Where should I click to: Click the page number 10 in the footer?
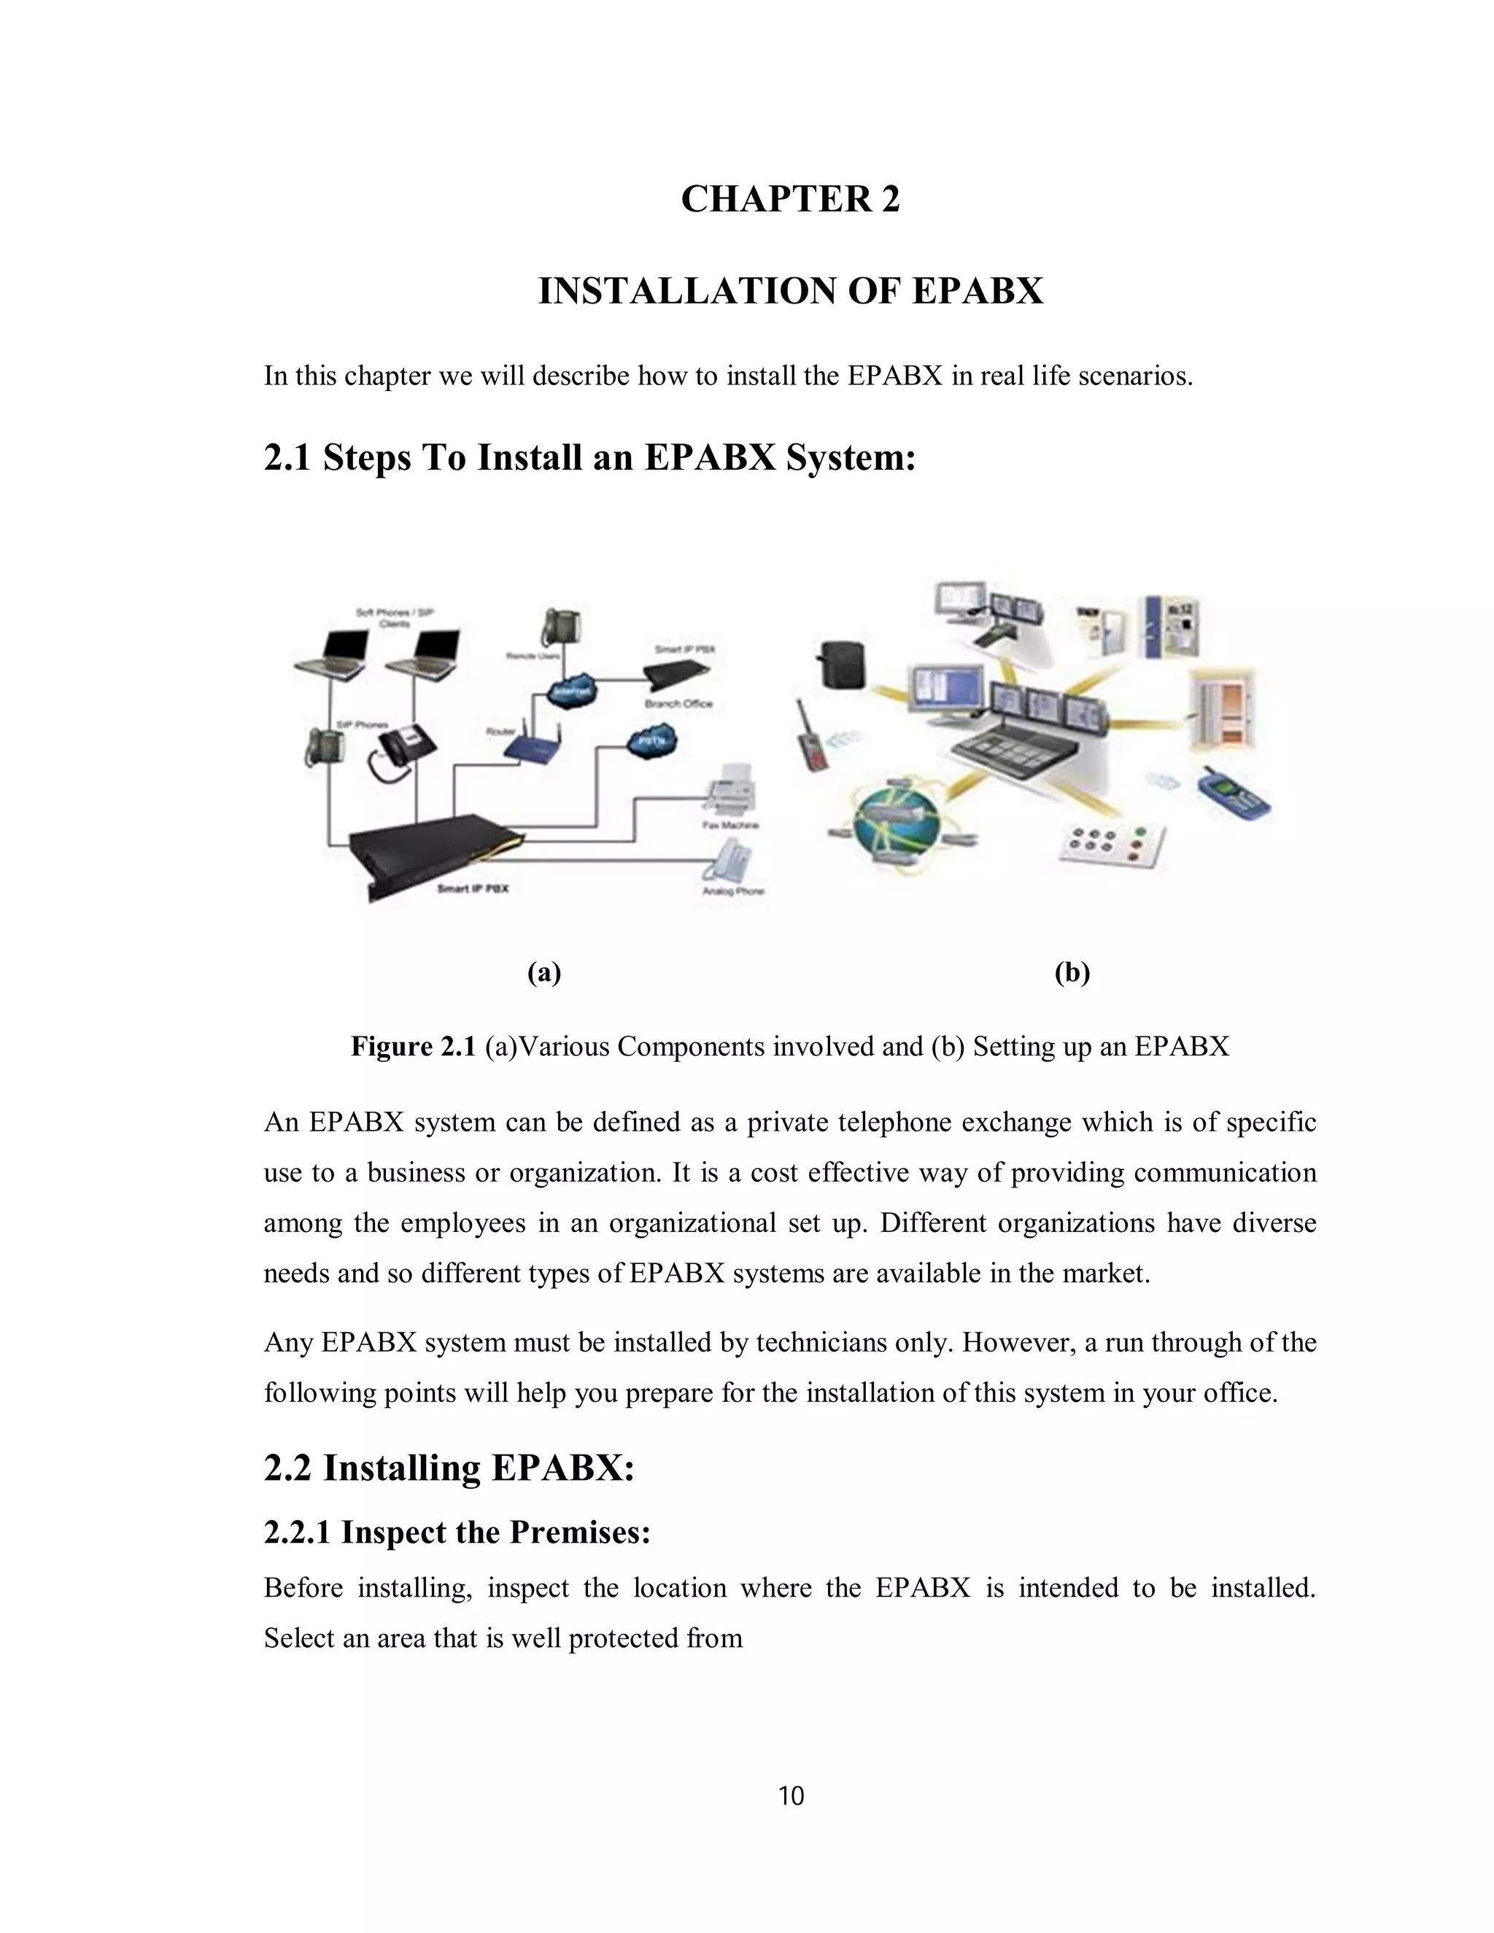coord(790,1795)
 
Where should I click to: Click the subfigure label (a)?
coord(544,972)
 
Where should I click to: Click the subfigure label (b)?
coord(1072,972)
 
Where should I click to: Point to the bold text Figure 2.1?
coord(414,1046)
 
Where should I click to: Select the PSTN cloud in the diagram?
coord(651,742)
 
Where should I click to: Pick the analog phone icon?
coord(731,859)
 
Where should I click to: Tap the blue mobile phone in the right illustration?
coord(1232,796)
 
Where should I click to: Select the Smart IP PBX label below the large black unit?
coord(473,888)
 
